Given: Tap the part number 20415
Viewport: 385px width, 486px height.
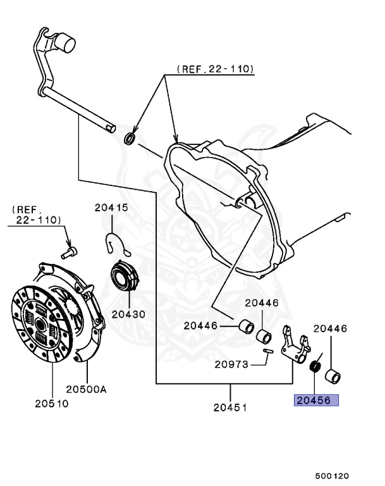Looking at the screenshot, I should pos(111,207).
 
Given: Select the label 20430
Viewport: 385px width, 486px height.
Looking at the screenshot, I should pos(129,314).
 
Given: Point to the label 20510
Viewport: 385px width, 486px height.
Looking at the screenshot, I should pos(51,403).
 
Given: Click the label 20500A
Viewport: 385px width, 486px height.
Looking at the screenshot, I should pos(87,389).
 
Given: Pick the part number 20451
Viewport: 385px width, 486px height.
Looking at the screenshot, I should pos(229,407).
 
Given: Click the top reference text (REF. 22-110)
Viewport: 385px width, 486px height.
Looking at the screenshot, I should pos(216,68).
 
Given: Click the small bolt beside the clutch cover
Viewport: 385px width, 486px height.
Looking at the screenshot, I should pos(68,251).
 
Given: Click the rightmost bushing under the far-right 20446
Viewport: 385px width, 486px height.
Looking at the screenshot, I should pos(333,377).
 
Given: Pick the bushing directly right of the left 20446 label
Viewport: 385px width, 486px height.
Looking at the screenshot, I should pos(244,327).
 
